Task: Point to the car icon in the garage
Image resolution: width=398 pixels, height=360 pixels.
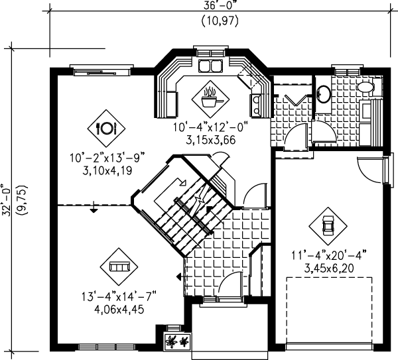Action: pyautogui.click(x=327, y=223)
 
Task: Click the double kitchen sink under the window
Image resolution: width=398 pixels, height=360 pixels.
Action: pyautogui.click(x=212, y=65)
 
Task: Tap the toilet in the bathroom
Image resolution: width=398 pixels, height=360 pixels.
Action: pyautogui.click(x=365, y=87)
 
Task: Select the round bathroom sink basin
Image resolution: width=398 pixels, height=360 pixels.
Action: pyautogui.click(x=324, y=93)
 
